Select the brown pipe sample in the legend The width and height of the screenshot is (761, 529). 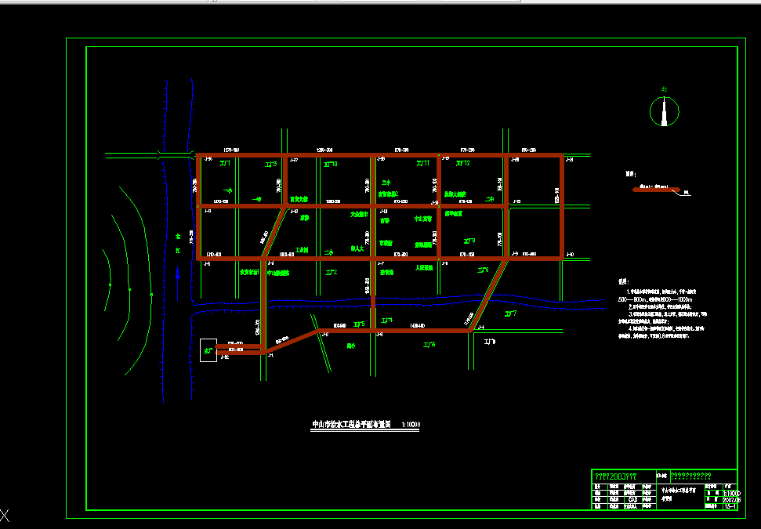pos(654,189)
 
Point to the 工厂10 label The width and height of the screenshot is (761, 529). pos(330,165)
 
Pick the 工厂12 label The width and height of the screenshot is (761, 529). pos(462,164)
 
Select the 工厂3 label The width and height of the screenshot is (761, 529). pos(271,165)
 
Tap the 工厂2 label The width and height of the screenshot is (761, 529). pos(330,272)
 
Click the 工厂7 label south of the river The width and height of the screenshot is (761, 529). pos(510,313)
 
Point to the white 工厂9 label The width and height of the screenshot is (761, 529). pos(490,342)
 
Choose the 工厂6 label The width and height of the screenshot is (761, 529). pos(483,270)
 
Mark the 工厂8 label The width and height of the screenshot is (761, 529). pos(429,345)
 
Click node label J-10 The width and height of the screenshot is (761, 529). pos(570,254)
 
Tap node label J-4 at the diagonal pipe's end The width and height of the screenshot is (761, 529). pos(480,327)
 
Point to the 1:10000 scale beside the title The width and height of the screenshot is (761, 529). pos(411,424)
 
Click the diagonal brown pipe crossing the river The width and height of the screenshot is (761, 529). pos(487,295)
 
